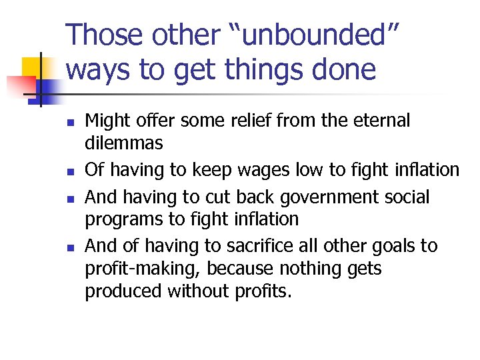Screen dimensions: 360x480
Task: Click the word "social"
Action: click(405, 198)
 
